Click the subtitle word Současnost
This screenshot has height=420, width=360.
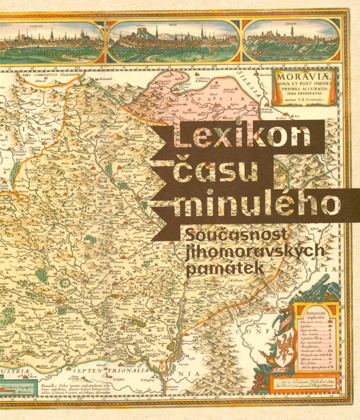[x=233, y=232]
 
